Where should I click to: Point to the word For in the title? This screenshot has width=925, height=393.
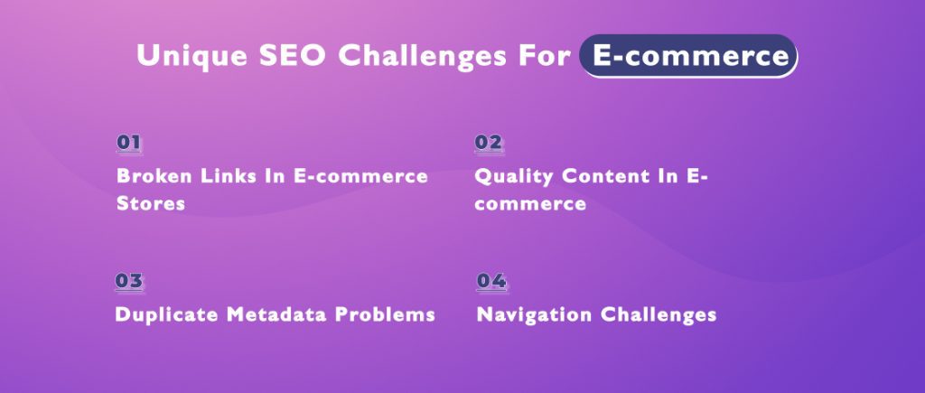point(545,55)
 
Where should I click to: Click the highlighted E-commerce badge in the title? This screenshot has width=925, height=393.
point(688,55)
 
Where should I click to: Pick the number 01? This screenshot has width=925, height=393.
point(129,142)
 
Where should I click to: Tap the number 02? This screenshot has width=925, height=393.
point(489,142)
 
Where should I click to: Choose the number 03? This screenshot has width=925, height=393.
point(129,280)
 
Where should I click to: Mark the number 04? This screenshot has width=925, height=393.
point(491,280)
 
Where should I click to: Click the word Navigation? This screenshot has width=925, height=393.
point(529,314)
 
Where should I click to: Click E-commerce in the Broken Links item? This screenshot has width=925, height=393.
point(361,175)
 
